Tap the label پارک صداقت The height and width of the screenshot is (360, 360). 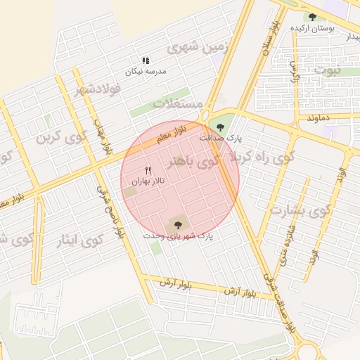[220, 139]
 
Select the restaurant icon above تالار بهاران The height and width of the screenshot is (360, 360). [148, 170]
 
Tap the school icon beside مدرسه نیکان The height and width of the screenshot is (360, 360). [145, 61]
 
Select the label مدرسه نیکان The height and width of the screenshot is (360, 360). [143, 72]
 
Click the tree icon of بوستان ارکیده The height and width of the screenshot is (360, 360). [312, 17]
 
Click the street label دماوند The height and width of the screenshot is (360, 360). [318, 117]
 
